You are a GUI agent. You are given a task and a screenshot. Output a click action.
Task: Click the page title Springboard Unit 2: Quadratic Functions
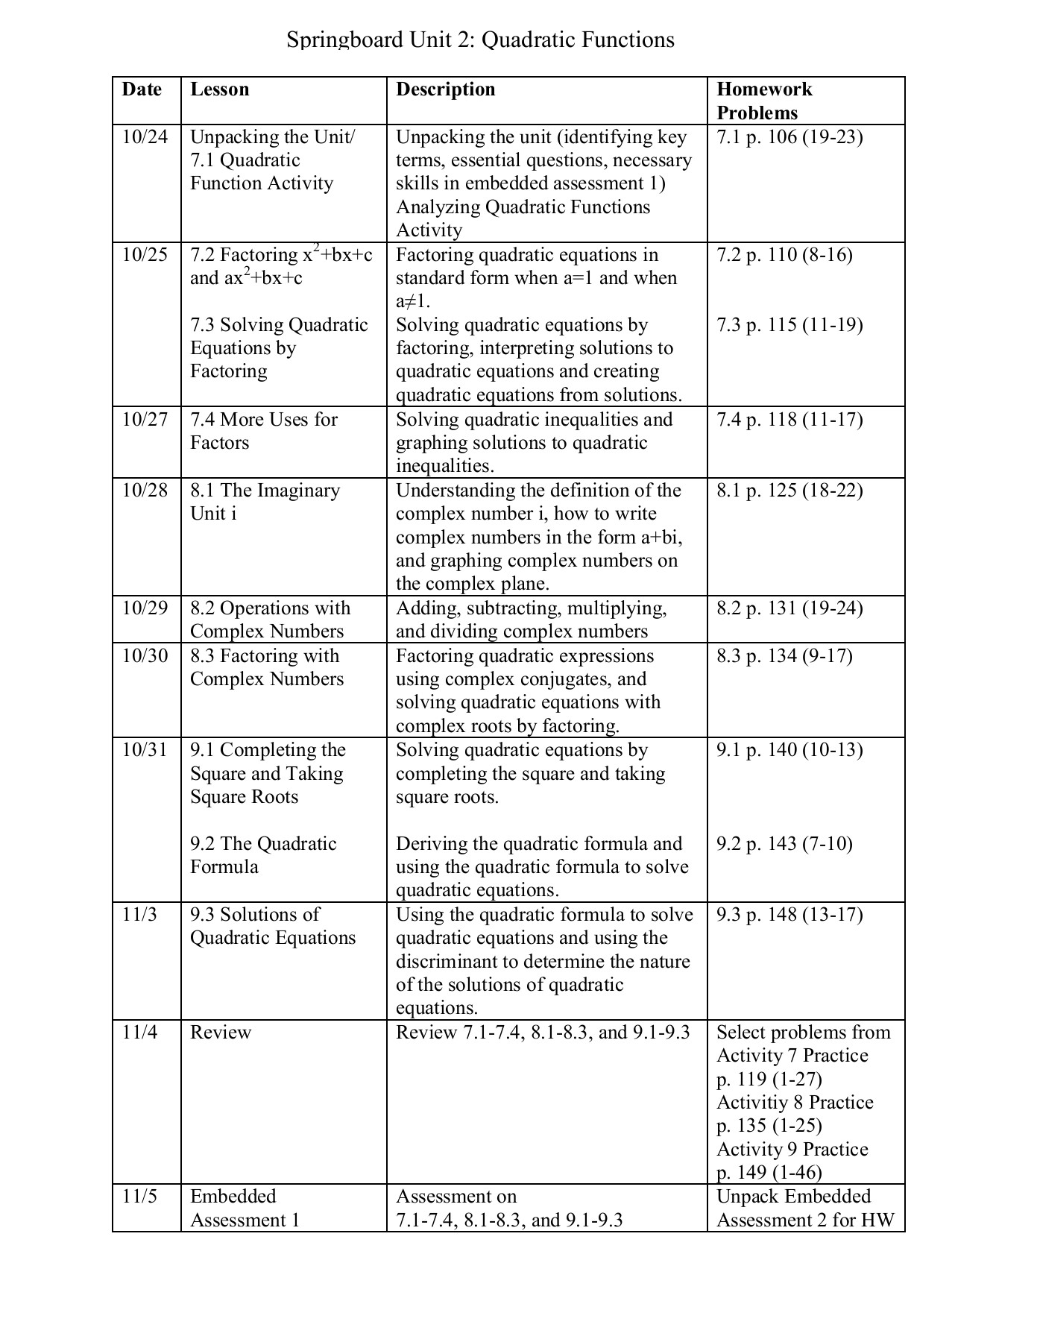click(x=480, y=39)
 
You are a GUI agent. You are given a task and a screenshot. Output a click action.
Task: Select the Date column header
click(x=142, y=89)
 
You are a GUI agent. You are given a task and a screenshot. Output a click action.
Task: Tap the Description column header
click(x=445, y=89)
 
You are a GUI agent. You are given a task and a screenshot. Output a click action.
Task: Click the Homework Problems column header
click(x=763, y=101)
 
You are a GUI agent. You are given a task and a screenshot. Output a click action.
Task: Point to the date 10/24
click(x=145, y=137)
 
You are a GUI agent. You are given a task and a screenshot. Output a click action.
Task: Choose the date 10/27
click(x=145, y=420)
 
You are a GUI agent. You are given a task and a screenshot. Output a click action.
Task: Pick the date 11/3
click(x=139, y=915)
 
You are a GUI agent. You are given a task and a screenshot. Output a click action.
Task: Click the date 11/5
click(x=139, y=1197)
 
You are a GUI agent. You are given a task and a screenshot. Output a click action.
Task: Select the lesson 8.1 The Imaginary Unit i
click(x=265, y=502)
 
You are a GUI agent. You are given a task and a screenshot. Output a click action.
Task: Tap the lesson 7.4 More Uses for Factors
click(x=263, y=431)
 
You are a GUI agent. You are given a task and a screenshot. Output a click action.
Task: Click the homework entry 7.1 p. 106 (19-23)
click(x=789, y=137)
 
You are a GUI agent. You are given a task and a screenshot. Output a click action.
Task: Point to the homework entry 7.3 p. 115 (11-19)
click(x=789, y=325)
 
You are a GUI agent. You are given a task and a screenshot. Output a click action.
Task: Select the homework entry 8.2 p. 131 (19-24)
click(x=789, y=608)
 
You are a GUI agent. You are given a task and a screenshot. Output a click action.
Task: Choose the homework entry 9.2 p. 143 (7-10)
click(x=784, y=844)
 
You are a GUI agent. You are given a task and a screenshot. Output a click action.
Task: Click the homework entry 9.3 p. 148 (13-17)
click(x=789, y=915)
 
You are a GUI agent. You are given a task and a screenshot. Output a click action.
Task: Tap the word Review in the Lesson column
click(x=221, y=1033)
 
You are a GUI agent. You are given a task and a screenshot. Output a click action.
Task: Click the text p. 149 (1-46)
click(x=769, y=1173)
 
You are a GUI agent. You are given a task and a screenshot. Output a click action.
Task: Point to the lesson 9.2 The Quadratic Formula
click(x=263, y=855)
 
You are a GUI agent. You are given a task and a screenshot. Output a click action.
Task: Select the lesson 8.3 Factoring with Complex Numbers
click(x=266, y=667)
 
